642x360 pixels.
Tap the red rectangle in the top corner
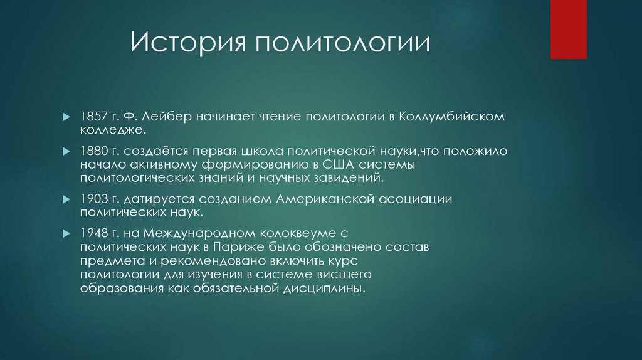[568, 29]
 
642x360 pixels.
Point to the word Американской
[325, 199]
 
